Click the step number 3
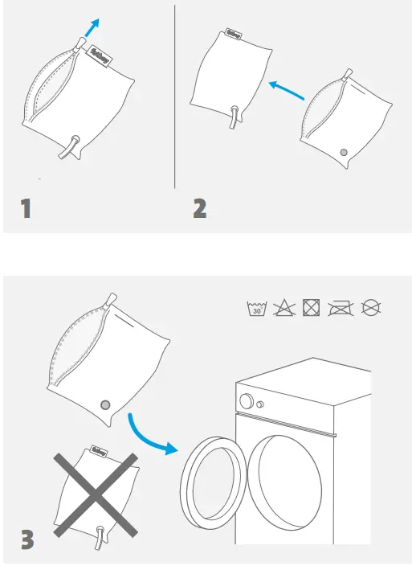pyautogui.click(x=27, y=538)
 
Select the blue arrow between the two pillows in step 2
pyautogui.click(x=287, y=90)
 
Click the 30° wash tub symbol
pyautogui.click(x=255, y=308)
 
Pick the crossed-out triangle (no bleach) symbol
pyautogui.click(x=283, y=308)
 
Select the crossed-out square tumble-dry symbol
pyautogui.click(x=311, y=308)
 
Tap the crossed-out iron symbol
pyautogui.click(x=341, y=308)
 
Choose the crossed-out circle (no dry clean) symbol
pyautogui.click(x=370, y=308)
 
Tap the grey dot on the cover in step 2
pyautogui.click(x=344, y=151)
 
